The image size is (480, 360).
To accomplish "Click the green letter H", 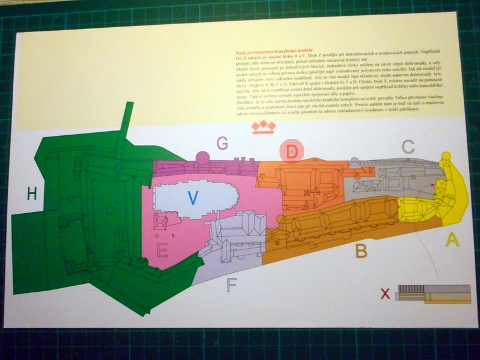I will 32,193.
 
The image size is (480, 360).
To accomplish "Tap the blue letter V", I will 193,198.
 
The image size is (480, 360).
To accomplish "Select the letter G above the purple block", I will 222,143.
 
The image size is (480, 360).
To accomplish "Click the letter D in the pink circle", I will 292,152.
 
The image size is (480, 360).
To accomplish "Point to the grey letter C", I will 408,146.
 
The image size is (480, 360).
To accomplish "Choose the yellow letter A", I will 452,240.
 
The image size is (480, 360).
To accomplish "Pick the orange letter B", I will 361,250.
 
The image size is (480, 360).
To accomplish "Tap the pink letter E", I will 162,249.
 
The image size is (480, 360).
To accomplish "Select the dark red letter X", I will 385,294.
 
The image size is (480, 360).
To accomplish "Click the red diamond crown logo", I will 263,126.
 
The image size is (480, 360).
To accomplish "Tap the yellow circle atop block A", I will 446,157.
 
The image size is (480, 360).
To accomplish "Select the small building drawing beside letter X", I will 432,293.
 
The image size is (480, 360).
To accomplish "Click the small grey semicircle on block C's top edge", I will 355,160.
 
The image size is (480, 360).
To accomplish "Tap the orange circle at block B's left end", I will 280,219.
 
